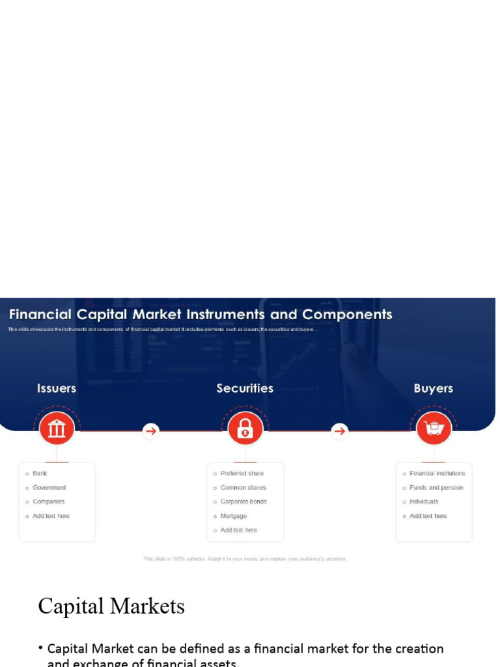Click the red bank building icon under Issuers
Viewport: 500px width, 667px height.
click(x=57, y=429)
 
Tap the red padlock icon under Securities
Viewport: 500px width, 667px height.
click(x=245, y=429)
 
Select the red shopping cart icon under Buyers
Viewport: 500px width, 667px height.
click(x=434, y=429)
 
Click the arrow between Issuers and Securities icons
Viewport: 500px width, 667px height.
click(x=151, y=431)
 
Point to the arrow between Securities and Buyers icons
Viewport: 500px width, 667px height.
click(x=339, y=431)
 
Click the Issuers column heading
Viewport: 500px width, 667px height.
click(x=57, y=388)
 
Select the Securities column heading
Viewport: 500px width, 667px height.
click(x=245, y=388)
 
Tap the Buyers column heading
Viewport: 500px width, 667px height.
click(x=433, y=388)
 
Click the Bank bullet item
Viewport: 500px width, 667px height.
click(x=40, y=474)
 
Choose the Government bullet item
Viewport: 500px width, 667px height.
click(x=49, y=487)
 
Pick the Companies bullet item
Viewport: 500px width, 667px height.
click(x=49, y=502)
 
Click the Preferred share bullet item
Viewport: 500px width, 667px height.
click(x=242, y=474)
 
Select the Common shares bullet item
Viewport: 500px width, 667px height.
click(x=243, y=487)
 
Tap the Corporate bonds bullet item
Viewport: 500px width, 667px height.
click(x=243, y=502)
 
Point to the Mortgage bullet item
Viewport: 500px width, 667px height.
click(x=234, y=516)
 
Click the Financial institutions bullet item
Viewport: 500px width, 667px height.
click(x=437, y=474)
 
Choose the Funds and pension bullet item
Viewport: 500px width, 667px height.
click(x=436, y=487)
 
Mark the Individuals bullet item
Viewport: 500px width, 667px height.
click(x=424, y=502)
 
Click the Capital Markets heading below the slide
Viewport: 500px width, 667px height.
click(x=111, y=606)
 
